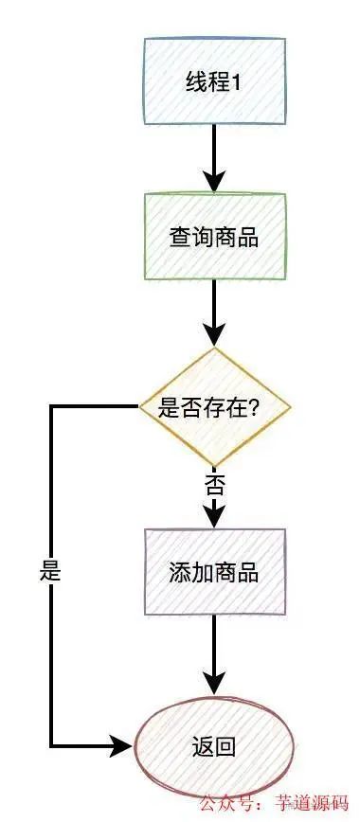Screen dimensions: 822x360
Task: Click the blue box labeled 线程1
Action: click(x=214, y=81)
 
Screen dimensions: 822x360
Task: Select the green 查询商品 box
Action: click(x=214, y=237)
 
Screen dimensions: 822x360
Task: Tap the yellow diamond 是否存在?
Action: click(x=214, y=408)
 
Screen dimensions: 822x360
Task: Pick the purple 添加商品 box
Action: click(x=214, y=573)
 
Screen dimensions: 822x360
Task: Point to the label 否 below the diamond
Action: click(x=214, y=487)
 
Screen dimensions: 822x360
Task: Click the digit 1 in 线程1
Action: click(x=237, y=82)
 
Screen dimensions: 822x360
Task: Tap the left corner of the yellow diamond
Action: click(x=140, y=407)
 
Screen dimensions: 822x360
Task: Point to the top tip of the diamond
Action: click(x=215, y=348)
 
